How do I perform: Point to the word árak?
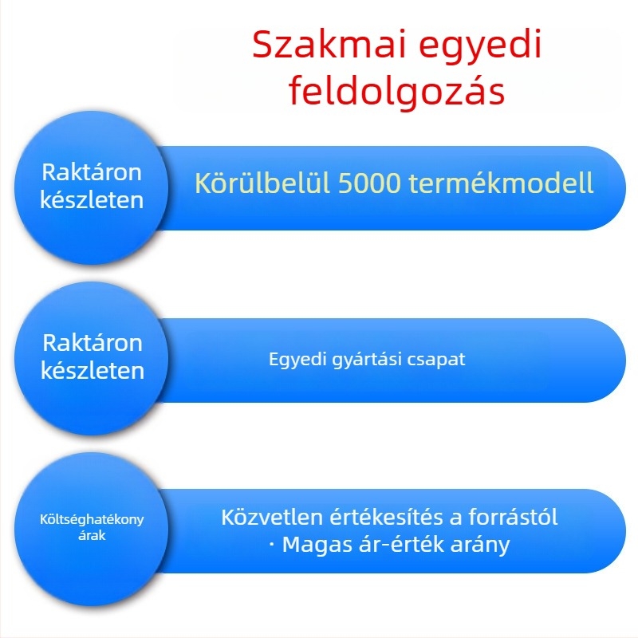tap(92, 536)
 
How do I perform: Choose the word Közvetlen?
tap(271, 516)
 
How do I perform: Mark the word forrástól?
tap(511, 516)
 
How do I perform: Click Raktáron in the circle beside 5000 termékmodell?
tap(92, 171)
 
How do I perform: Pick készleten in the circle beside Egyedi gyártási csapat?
tap(92, 371)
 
